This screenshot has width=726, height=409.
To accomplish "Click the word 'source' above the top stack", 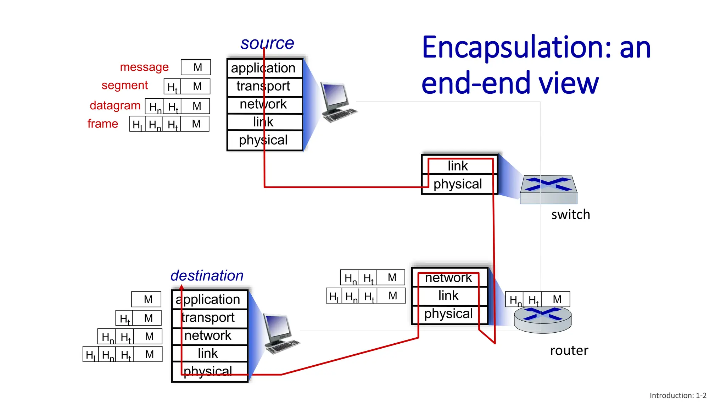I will click(267, 43).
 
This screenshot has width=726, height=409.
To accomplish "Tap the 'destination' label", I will click(207, 276).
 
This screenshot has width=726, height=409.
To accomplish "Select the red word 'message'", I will click(144, 67).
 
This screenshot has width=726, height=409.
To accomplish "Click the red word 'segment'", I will click(124, 85).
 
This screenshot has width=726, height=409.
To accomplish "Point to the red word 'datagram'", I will click(115, 105).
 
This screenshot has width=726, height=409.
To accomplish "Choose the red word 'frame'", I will click(102, 124).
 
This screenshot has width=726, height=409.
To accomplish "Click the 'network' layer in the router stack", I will click(449, 278).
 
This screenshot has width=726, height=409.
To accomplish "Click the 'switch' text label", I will click(570, 214).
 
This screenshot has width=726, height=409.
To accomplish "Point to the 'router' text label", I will click(569, 350).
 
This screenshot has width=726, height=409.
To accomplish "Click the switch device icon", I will click(548, 189).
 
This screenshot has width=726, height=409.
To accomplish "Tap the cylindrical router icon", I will click(543, 320).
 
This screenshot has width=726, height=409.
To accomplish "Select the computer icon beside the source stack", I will click(337, 103).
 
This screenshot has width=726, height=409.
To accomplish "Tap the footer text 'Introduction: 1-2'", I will click(678, 396).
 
